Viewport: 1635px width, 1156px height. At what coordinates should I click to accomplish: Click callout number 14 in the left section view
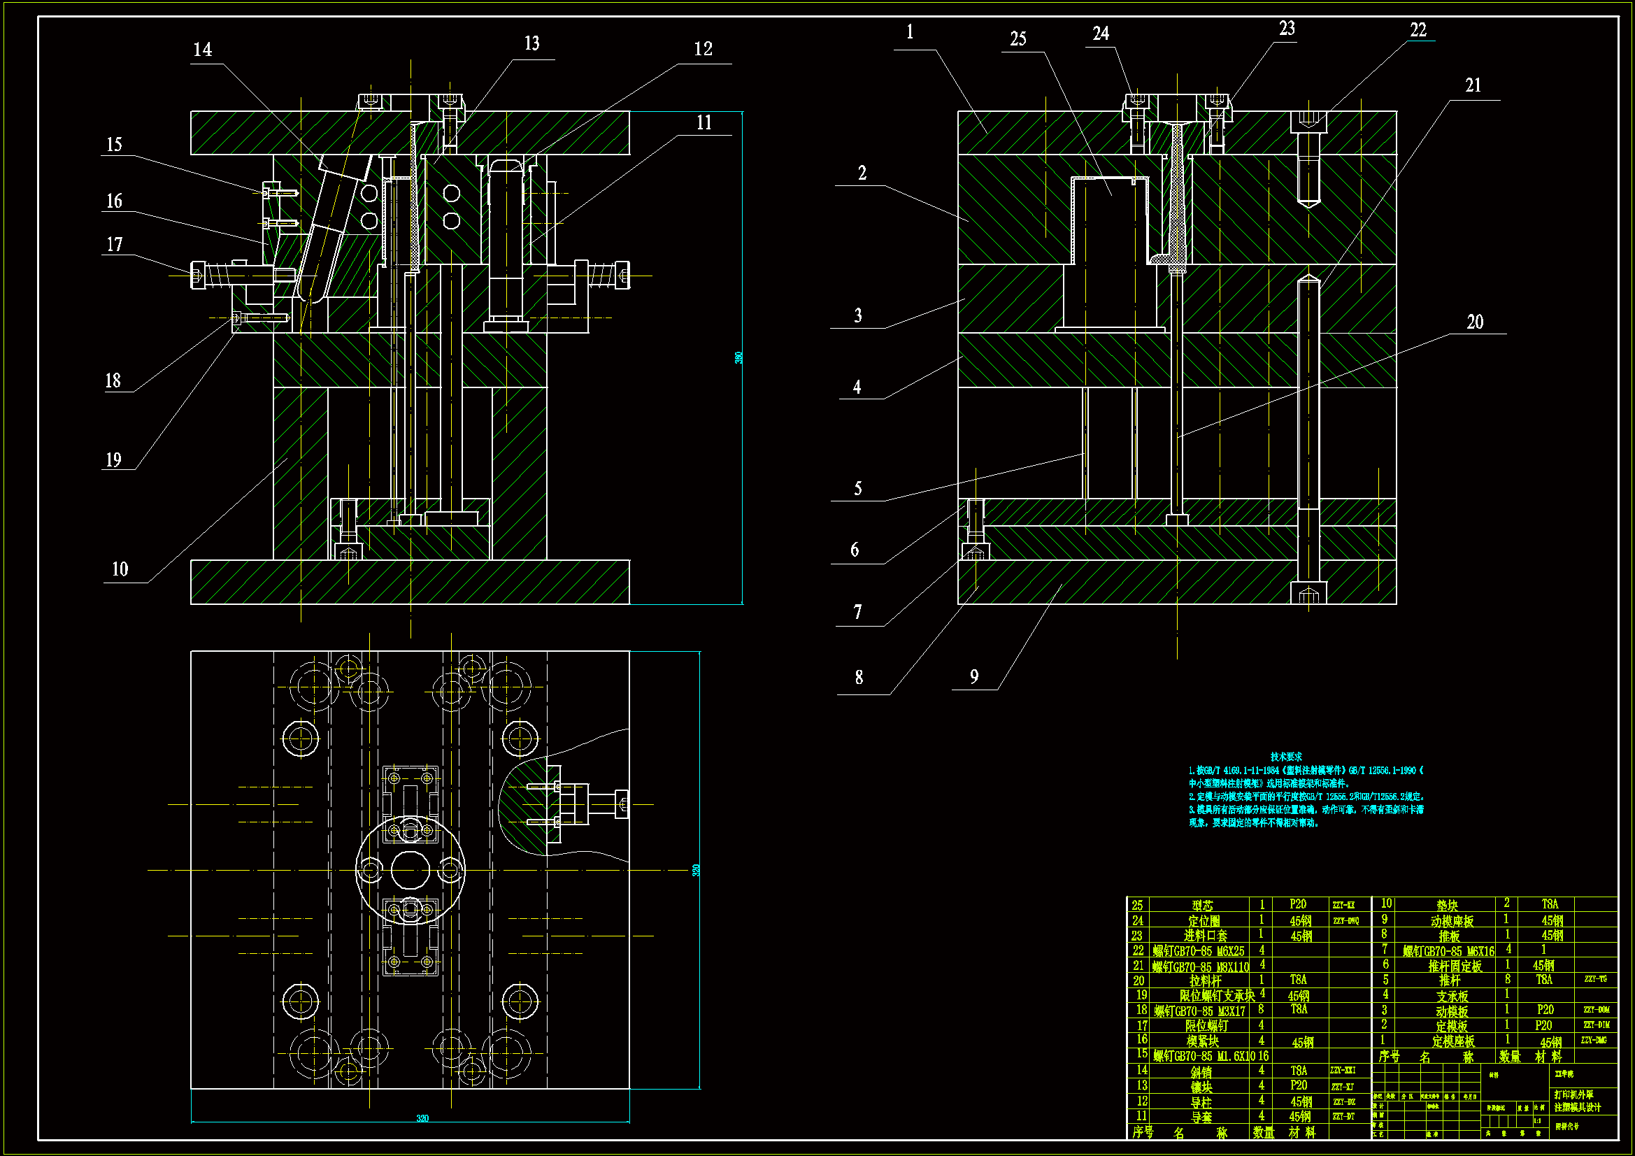pyautogui.click(x=202, y=50)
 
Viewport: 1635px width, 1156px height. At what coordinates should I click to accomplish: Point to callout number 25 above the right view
pyautogui.click(x=1018, y=39)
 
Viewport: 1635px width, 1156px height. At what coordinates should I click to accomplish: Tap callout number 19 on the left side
pyautogui.click(x=113, y=460)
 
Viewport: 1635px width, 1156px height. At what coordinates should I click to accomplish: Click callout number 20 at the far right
pyautogui.click(x=1475, y=322)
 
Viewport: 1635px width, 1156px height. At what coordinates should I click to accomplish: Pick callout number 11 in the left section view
pyautogui.click(x=704, y=123)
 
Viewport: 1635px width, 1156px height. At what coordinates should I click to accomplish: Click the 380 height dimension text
pyautogui.click(x=738, y=357)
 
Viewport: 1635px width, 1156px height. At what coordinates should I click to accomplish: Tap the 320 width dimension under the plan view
pyautogui.click(x=422, y=1118)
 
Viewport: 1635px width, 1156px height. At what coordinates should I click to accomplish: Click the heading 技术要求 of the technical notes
pyautogui.click(x=1286, y=757)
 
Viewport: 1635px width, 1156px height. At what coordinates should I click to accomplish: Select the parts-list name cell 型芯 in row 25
pyautogui.click(x=1202, y=905)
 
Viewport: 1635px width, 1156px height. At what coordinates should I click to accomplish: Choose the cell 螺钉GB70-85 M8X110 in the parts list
pyautogui.click(x=1201, y=966)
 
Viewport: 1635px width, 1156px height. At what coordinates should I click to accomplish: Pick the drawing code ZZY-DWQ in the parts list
pyautogui.click(x=1346, y=920)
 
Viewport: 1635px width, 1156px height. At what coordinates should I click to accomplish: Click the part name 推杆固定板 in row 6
pyautogui.click(x=1455, y=966)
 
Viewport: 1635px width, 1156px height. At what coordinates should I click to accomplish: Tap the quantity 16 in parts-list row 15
pyautogui.click(x=1262, y=1055)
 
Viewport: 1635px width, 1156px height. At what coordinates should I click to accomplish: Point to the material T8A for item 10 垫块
pyautogui.click(x=1550, y=904)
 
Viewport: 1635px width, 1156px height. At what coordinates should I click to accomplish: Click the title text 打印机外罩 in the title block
pyautogui.click(x=1573, y=1094)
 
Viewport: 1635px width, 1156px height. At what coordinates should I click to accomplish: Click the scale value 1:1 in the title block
pyautogui.click(x=1536, y=1121)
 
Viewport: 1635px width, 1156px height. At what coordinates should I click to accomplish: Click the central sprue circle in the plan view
pyautogui.click(x=410, y=870)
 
